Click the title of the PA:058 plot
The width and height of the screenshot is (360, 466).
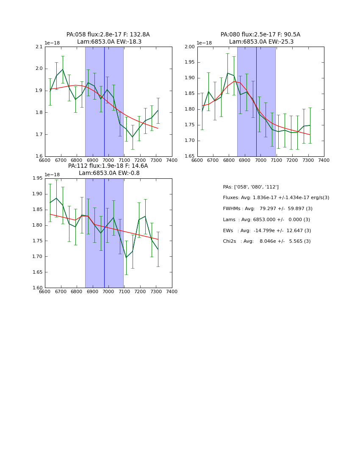(108, 38)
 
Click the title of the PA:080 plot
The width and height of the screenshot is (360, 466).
(260, 38)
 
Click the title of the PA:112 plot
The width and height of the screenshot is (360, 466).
(108, 169)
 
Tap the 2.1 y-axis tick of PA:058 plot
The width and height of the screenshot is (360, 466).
(39, 47)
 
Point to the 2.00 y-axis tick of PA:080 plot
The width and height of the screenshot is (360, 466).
(190, 47)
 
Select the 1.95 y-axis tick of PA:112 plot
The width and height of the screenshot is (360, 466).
(37, 178)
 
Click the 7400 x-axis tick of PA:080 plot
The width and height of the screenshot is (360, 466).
(324, 160)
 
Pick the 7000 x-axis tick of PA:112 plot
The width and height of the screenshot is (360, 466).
(108, 291)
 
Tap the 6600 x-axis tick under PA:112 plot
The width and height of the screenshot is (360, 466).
(45, 291)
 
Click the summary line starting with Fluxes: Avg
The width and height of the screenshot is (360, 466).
(276, 198)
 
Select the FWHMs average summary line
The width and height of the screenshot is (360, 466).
(268, 208)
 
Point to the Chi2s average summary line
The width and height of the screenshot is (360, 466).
(267, 241)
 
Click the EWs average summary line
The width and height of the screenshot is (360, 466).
(267, 230)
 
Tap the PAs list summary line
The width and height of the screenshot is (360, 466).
(251, 187)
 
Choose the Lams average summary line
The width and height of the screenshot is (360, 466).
(266, 219)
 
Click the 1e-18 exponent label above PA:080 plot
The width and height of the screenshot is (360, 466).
(204, 43)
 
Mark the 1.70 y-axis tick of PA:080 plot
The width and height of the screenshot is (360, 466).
(190, 141)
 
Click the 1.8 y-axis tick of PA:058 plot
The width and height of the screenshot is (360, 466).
(39, 112)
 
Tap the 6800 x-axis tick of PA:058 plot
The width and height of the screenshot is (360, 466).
(77, 160)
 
